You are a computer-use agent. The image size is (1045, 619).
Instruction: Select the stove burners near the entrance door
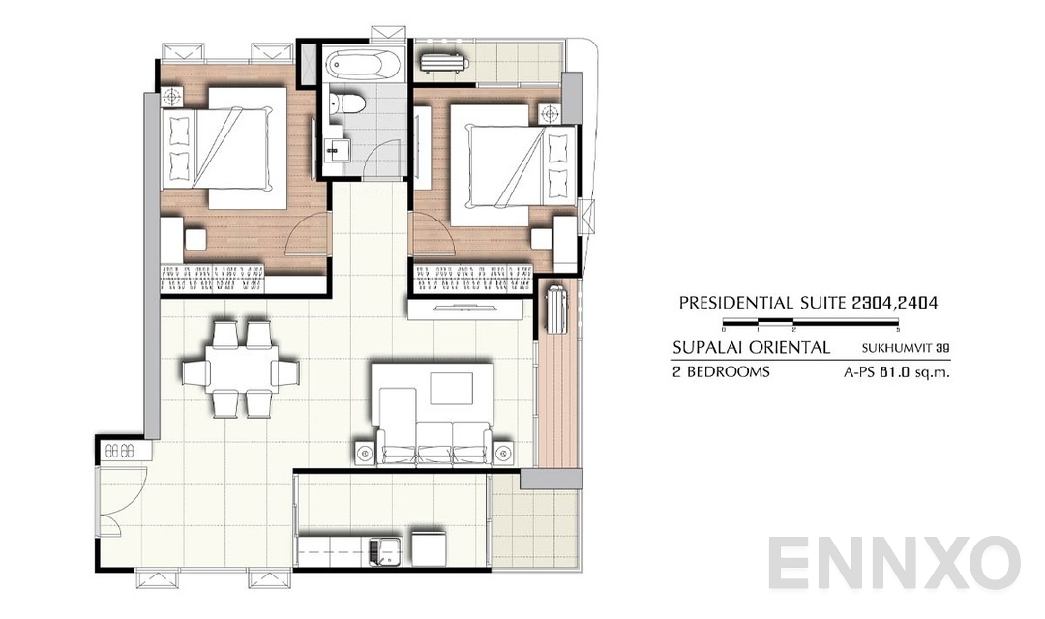(x=121, y=450)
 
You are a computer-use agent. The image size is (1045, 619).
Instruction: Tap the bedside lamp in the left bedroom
(x=173, y=96)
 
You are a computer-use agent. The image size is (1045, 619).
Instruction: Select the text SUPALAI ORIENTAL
(x=750, y=347)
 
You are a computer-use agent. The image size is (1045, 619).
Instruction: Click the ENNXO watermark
(x=894, y=563)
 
